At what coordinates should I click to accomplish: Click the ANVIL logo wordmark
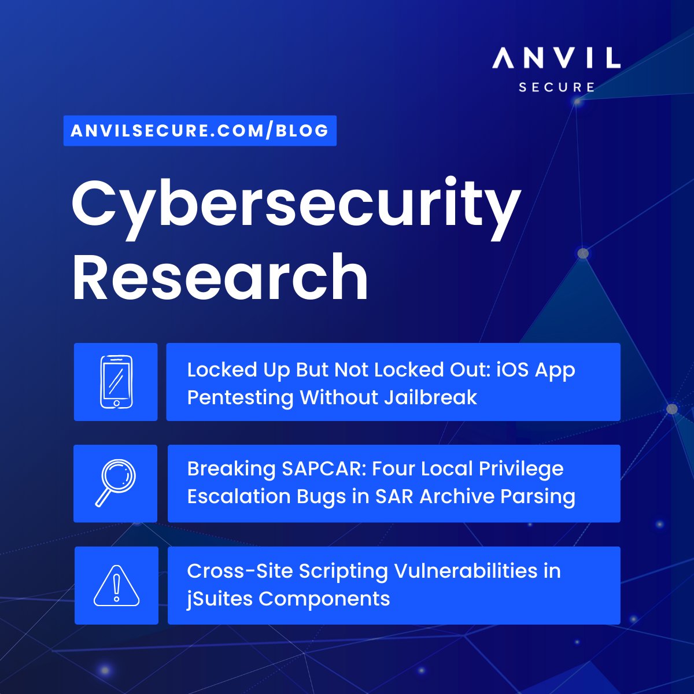[x=556, y=58]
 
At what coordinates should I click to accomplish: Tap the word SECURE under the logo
[x=556, y=87]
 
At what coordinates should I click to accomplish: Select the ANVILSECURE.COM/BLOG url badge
[x=200, y=131]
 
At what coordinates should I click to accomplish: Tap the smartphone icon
[x=116, y=382]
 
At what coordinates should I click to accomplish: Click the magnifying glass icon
[x=116, y=483]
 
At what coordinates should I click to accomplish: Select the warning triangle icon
[x=116, y=585]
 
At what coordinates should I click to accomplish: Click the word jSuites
[x=220, y=599]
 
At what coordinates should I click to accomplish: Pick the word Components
[x=324, y=599]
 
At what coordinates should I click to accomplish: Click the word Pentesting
[x=240, y=398]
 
